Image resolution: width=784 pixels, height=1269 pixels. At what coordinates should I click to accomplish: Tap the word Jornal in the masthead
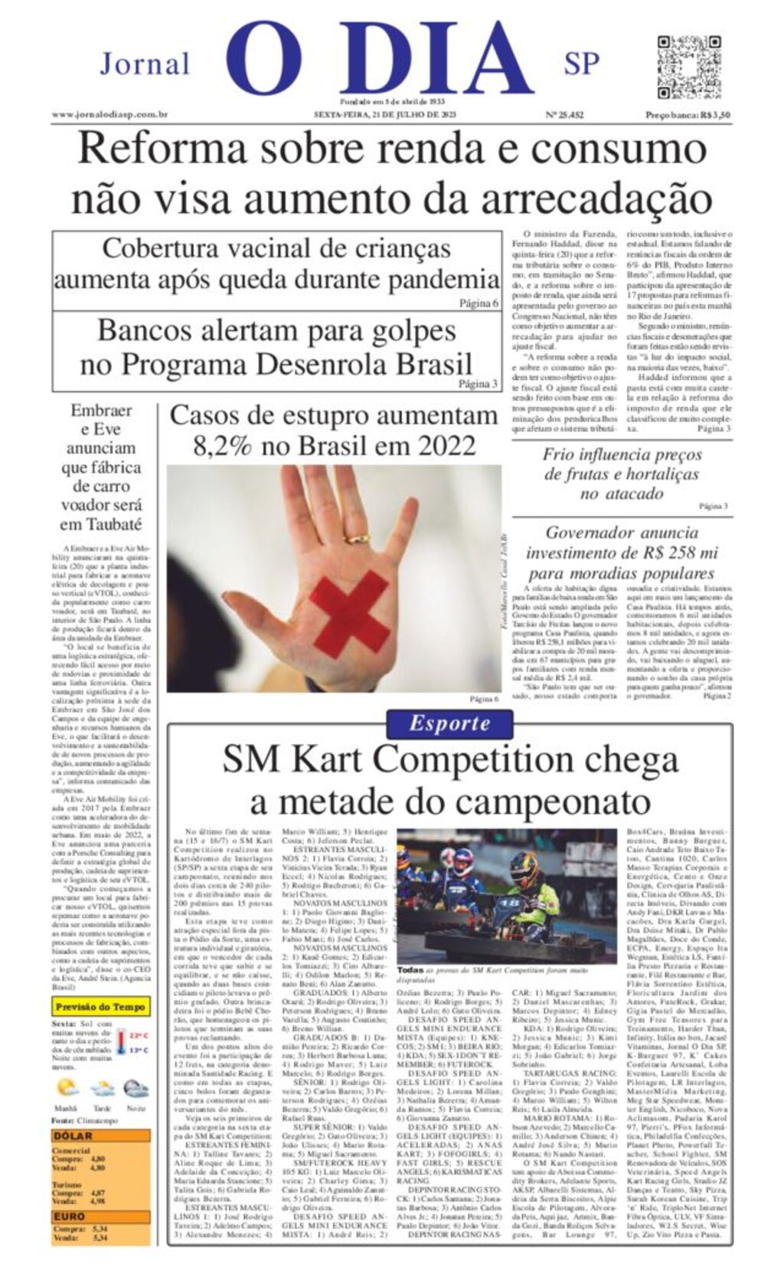[145, 64]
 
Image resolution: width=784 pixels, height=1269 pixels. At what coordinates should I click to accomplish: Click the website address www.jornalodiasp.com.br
[109, 115]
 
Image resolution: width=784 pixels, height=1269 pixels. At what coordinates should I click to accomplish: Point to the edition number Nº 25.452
[564, 115]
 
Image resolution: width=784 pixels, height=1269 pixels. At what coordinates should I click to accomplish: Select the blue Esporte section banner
[449, 723]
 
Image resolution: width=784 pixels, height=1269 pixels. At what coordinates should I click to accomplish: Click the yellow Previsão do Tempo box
[101, 1007]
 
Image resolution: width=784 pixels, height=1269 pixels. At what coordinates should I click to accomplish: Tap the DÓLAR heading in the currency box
[73, 1136]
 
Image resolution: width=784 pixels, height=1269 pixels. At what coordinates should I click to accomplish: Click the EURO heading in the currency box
[70, 1216]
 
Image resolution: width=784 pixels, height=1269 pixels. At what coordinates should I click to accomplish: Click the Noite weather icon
[136, 1089]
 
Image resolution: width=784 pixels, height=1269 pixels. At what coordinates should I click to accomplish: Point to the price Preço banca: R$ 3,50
[687, 115]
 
